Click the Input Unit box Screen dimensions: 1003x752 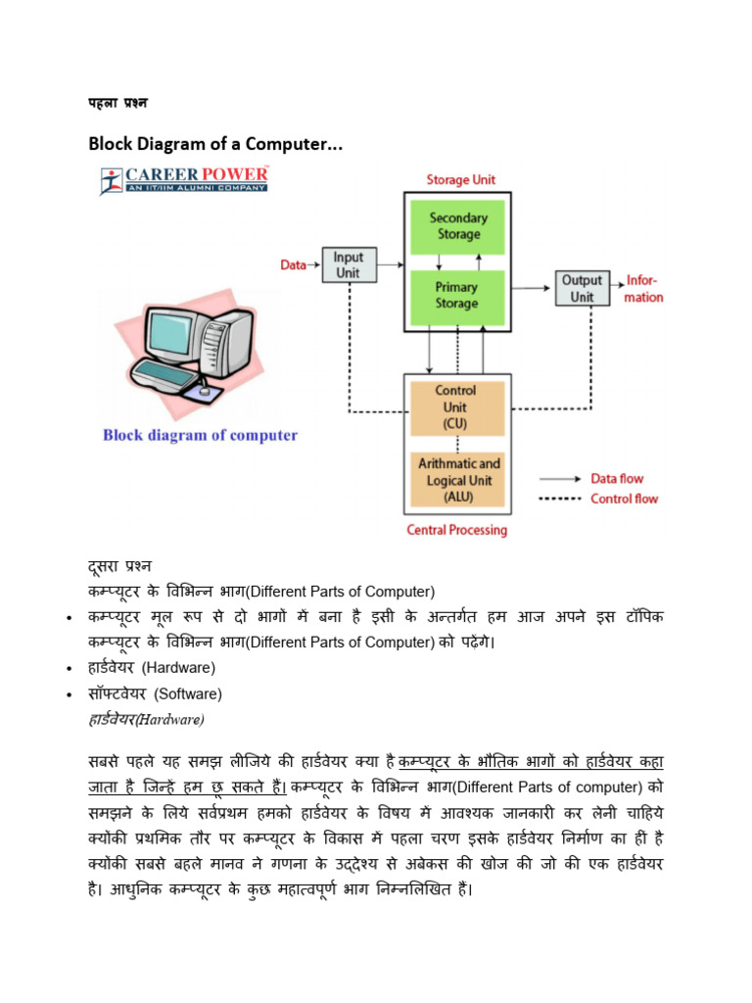tap(349, 264)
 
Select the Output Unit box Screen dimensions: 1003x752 tap(582, 288)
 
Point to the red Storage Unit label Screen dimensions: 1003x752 tap(460, 180)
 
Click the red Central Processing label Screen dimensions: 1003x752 tap(456, 530)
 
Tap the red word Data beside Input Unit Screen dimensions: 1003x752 tap(294, 264)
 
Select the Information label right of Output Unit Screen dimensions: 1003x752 tap(643, 289)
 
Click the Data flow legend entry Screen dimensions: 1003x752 tap(617, 479)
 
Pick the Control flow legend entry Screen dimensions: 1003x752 tap(623, 499)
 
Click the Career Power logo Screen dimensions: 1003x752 tap(185, 179)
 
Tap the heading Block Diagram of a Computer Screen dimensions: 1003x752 tap(215, 144)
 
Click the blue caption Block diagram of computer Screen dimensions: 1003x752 tap(200, 435)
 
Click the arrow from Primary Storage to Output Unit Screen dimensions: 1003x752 tap(529, 288)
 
